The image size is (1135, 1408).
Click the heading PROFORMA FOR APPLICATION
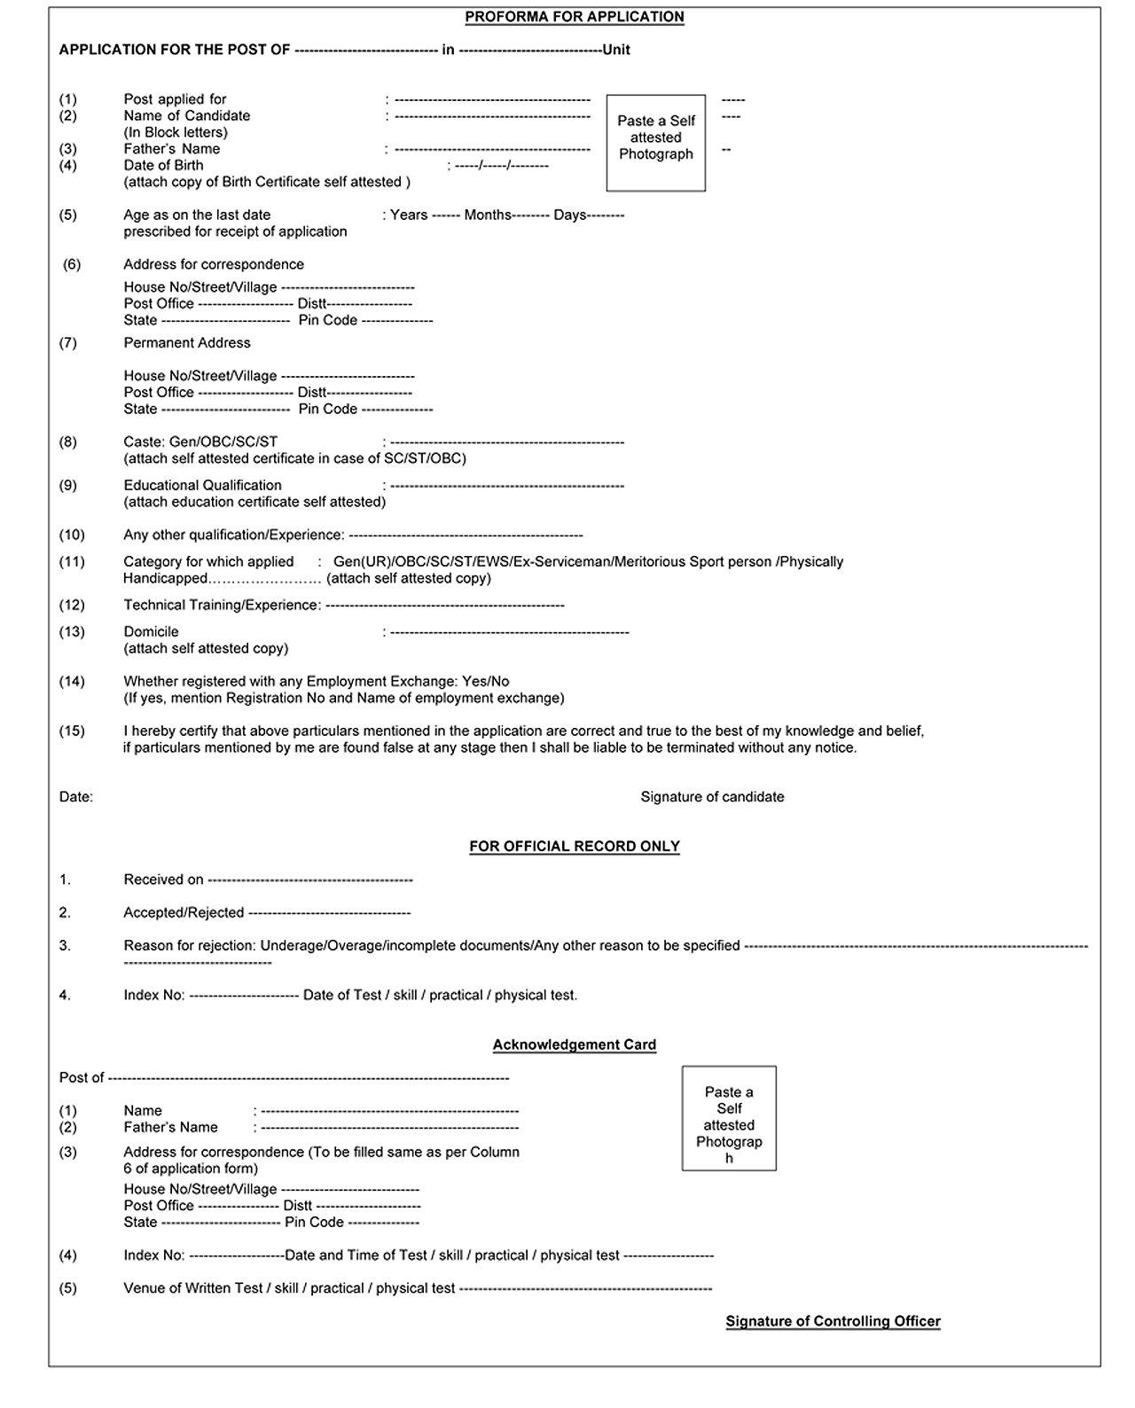[x=574, y=17]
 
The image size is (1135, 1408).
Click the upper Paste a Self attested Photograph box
[x=655, y=142]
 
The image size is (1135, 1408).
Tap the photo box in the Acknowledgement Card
[x=728, y=1117]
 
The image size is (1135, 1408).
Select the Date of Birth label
[x=163, y=165]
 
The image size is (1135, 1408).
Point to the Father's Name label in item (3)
[x=171, y=149]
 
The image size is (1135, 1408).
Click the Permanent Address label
[x=186, y=342]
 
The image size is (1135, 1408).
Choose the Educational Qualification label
[x=202, y=485]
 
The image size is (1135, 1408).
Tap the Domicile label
[x=151, y=631]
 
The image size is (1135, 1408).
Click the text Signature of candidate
[x=712, y=796]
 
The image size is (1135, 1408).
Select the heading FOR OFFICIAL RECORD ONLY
[x=574, y=846]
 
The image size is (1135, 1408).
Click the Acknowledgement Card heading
[x=574, y=1044]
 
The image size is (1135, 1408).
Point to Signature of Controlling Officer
[x=833, y=1321]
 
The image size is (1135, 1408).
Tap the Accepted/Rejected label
[x=184, y=912]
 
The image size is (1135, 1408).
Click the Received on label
[x=163, y=880]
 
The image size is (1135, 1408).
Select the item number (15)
[x=72, y=731]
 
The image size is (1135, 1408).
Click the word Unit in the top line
[x=616, y=50]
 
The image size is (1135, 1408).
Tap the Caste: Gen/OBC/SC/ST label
[x=200, y=442]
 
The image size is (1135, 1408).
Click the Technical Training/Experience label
[x=222, y=605]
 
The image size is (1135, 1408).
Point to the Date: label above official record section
[x=75, y=796]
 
